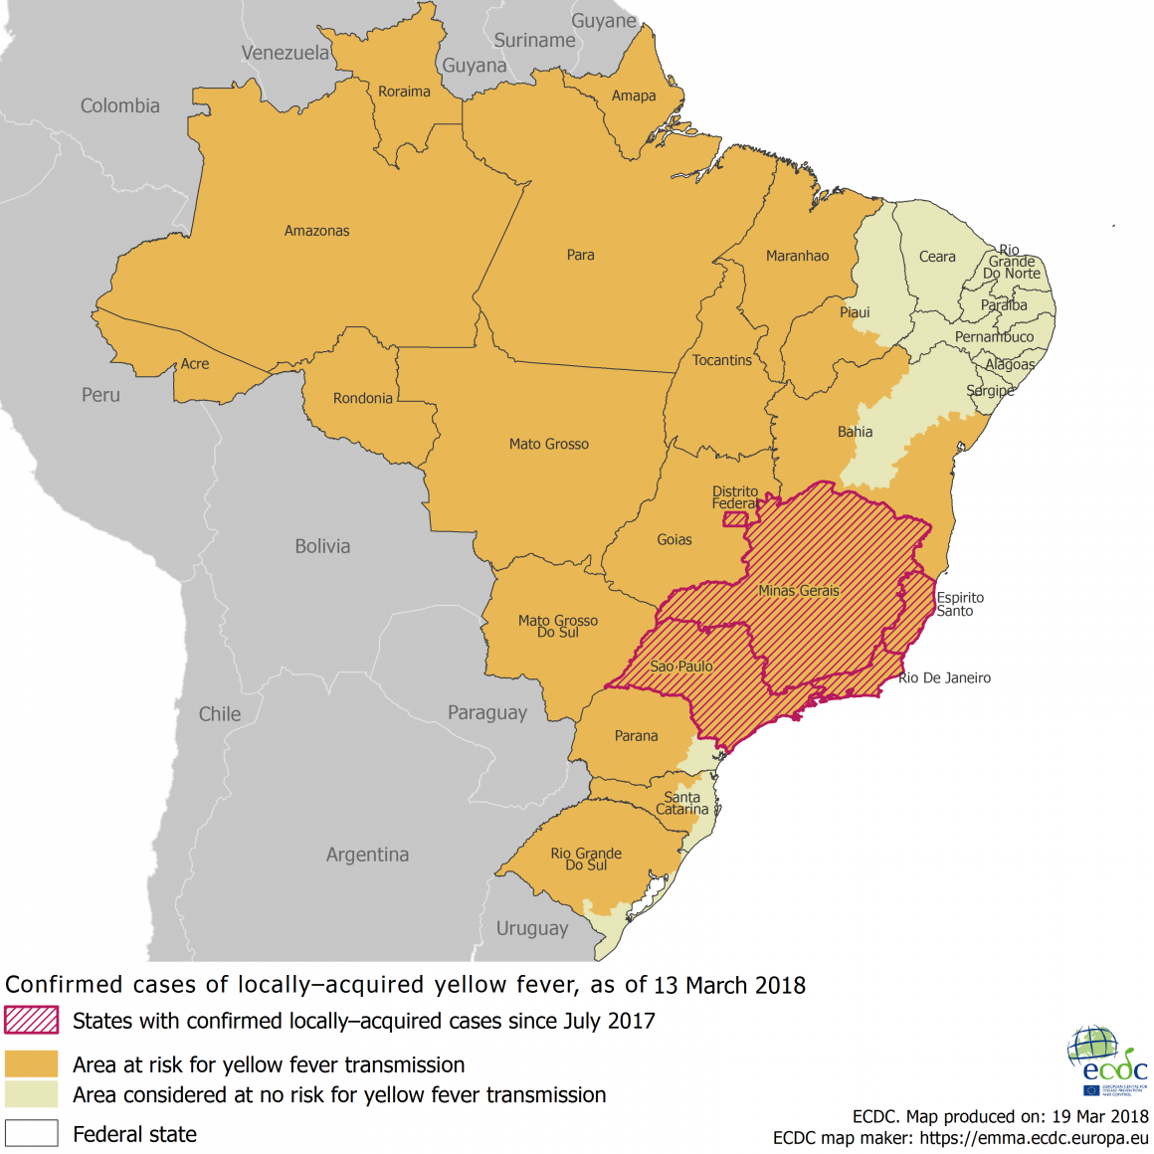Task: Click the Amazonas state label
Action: (316, 231)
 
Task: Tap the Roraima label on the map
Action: (404, 92)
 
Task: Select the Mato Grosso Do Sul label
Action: (557, 626)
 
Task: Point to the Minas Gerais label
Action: (798, 591)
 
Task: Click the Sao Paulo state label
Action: (680, 667)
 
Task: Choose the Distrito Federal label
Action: (734, 497)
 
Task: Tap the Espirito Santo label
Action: (959, 604)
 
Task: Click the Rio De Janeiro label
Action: (944, 678)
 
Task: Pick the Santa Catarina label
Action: (681, 803)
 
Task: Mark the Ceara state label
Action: (936, 257)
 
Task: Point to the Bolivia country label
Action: (322, 546)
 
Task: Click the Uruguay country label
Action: (532, 928)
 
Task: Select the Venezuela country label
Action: (285, 53)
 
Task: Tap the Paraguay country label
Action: (486, 712)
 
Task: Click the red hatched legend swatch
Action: (31, 1021)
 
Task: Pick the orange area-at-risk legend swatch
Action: (31, 1064)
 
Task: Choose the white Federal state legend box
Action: (31, 1133)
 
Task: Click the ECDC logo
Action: (1106, 1060)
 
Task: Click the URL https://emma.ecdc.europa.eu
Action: (1034, 1138)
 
